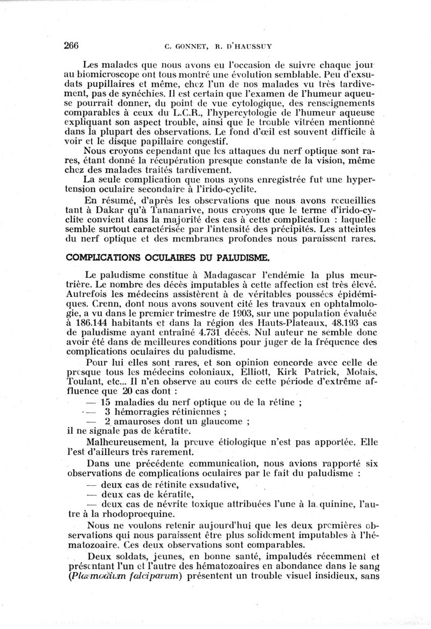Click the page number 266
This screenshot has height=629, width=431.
point(72,45)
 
